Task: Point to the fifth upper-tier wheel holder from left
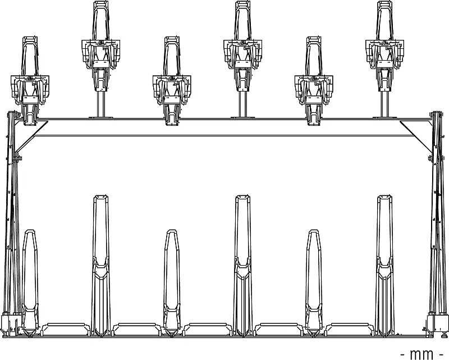coord(314,79)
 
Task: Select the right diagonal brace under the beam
coord(416,135)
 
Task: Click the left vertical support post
coord(11,225)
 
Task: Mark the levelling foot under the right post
coord(443,334)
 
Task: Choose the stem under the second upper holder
coord(100,104)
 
